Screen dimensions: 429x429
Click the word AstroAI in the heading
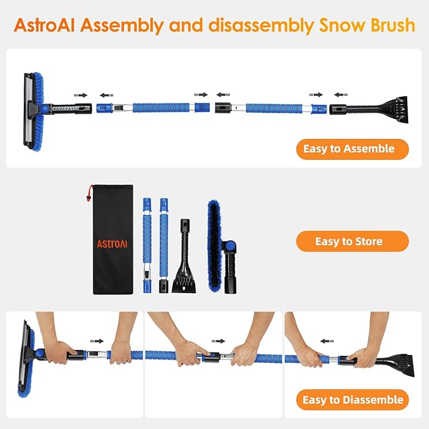coord(47,26)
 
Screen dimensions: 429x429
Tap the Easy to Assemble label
coord(353,149)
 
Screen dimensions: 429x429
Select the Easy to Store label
coord(353,241)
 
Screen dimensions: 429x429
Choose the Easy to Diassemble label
coord(353,400)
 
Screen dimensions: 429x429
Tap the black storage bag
coord(112,240)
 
